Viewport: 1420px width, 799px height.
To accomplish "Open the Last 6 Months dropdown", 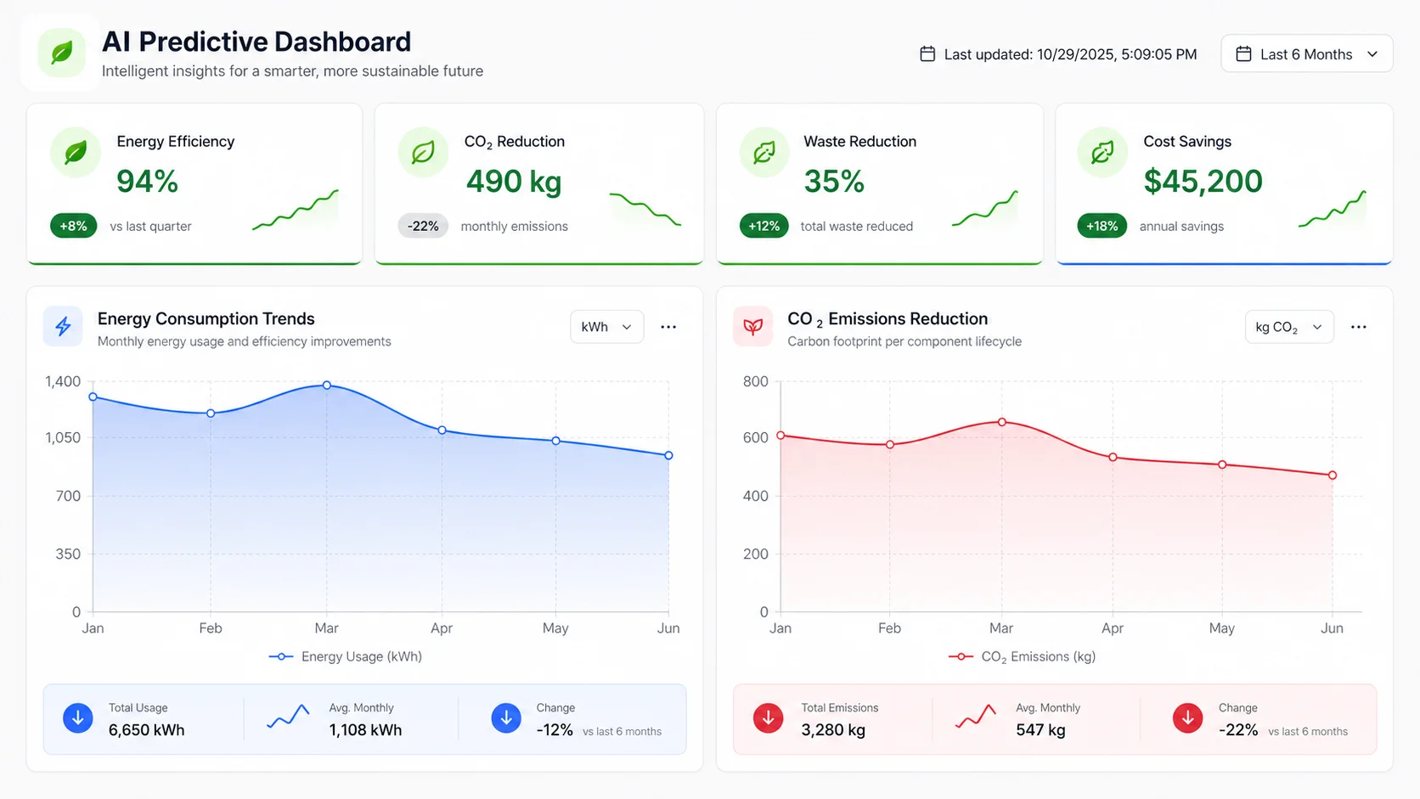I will (1306, 54).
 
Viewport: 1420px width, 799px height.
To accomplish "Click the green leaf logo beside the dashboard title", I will (61, 53).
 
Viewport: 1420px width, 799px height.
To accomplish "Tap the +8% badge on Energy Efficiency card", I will (74, 226).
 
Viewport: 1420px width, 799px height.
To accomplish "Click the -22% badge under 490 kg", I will (423, 226).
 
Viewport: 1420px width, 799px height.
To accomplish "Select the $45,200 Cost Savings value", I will (1203, 181).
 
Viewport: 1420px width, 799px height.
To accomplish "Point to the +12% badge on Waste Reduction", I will (764, 226).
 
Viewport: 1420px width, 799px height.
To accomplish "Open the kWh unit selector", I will (606, 327).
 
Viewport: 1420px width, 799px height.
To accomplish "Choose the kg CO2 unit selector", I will (1288, 327).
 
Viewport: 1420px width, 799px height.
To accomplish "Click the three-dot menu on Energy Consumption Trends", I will (668, 327).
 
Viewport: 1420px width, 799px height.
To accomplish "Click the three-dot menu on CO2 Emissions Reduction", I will (1358, 327).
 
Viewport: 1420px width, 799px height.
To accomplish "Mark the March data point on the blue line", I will (327, 385).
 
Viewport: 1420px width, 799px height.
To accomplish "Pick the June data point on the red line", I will (1332, 475).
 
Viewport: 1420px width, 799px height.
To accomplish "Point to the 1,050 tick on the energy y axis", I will (64, 437).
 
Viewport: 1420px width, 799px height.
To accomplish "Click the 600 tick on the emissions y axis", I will (755, 437).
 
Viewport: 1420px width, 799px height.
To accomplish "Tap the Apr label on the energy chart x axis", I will (442, 628).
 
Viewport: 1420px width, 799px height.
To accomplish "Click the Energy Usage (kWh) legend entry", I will (347, 656).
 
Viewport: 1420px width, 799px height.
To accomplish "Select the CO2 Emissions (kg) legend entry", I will (1023, 656).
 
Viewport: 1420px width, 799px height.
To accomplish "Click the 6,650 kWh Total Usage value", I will (146, 730).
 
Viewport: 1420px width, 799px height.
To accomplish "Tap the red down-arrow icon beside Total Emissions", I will (768, 718).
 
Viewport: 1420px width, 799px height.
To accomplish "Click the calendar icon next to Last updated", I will (927, 54).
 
